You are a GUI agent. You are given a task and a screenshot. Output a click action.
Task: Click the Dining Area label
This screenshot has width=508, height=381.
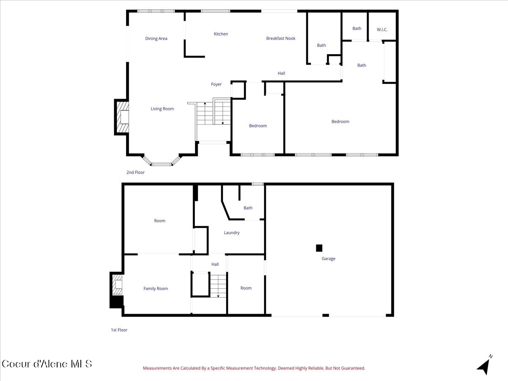156,39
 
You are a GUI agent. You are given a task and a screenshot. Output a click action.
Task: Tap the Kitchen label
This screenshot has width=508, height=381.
221,34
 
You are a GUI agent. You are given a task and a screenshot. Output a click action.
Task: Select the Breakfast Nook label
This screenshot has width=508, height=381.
281,39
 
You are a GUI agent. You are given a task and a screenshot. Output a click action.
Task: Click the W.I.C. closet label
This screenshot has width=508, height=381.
382,30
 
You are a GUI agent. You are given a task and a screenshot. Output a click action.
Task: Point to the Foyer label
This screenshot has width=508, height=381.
216,85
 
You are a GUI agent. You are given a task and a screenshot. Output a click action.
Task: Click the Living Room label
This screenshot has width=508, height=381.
162,109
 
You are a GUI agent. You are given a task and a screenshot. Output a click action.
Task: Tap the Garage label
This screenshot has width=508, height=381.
328,259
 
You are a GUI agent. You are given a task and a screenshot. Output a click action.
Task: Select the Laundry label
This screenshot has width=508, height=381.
232,233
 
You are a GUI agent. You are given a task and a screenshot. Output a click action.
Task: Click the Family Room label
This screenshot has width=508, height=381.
155,289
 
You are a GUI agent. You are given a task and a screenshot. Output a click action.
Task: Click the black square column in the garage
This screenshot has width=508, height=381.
319,248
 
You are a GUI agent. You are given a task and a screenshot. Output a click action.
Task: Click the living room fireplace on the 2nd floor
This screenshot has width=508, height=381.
122,117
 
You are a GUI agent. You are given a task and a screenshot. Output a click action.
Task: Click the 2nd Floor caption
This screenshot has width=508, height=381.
135,172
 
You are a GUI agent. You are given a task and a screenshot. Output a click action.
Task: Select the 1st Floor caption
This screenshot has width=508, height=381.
119,330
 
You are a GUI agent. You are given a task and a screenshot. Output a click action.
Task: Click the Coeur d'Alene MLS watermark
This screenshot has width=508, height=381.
47,364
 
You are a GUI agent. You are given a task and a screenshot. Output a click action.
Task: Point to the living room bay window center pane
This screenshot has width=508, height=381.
162,164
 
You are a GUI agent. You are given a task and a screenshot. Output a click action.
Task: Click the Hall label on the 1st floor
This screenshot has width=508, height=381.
215,265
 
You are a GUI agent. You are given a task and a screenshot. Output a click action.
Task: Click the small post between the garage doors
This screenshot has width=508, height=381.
326,315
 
